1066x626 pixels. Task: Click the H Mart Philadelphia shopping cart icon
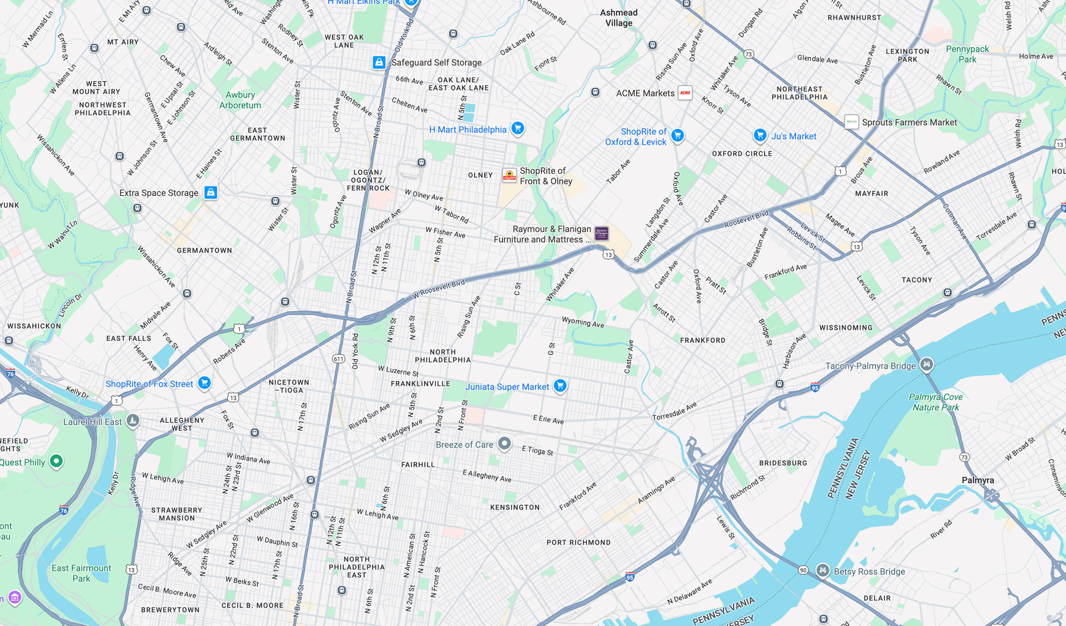(518, 129)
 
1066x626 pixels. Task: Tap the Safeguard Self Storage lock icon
(379, 63)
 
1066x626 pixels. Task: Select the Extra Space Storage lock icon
(211, 192)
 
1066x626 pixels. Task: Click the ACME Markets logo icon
(685, 93)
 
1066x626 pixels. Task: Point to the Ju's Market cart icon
(760, 136)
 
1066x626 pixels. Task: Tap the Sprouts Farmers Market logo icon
(851, 122)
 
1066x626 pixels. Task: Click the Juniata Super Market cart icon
(560, 386)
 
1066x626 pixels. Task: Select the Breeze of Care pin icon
(504, 444)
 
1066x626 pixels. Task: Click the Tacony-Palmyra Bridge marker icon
(927, 365)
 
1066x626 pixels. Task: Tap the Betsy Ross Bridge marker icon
(823, 571)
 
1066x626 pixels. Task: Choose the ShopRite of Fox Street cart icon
(205, 383)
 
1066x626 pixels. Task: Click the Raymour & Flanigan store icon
(602, 233)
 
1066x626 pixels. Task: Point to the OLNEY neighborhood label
(480, 176)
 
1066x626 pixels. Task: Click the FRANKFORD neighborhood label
(702, 340)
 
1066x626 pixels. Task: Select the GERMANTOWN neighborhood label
(205, 251)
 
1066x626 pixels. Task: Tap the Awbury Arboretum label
(240, 100)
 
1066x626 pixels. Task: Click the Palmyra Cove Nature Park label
(935, 402)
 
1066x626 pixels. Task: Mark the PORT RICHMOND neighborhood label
(578, 543)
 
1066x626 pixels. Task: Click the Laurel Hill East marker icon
(133, 421)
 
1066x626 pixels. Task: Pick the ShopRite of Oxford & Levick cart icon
(678, 136)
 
